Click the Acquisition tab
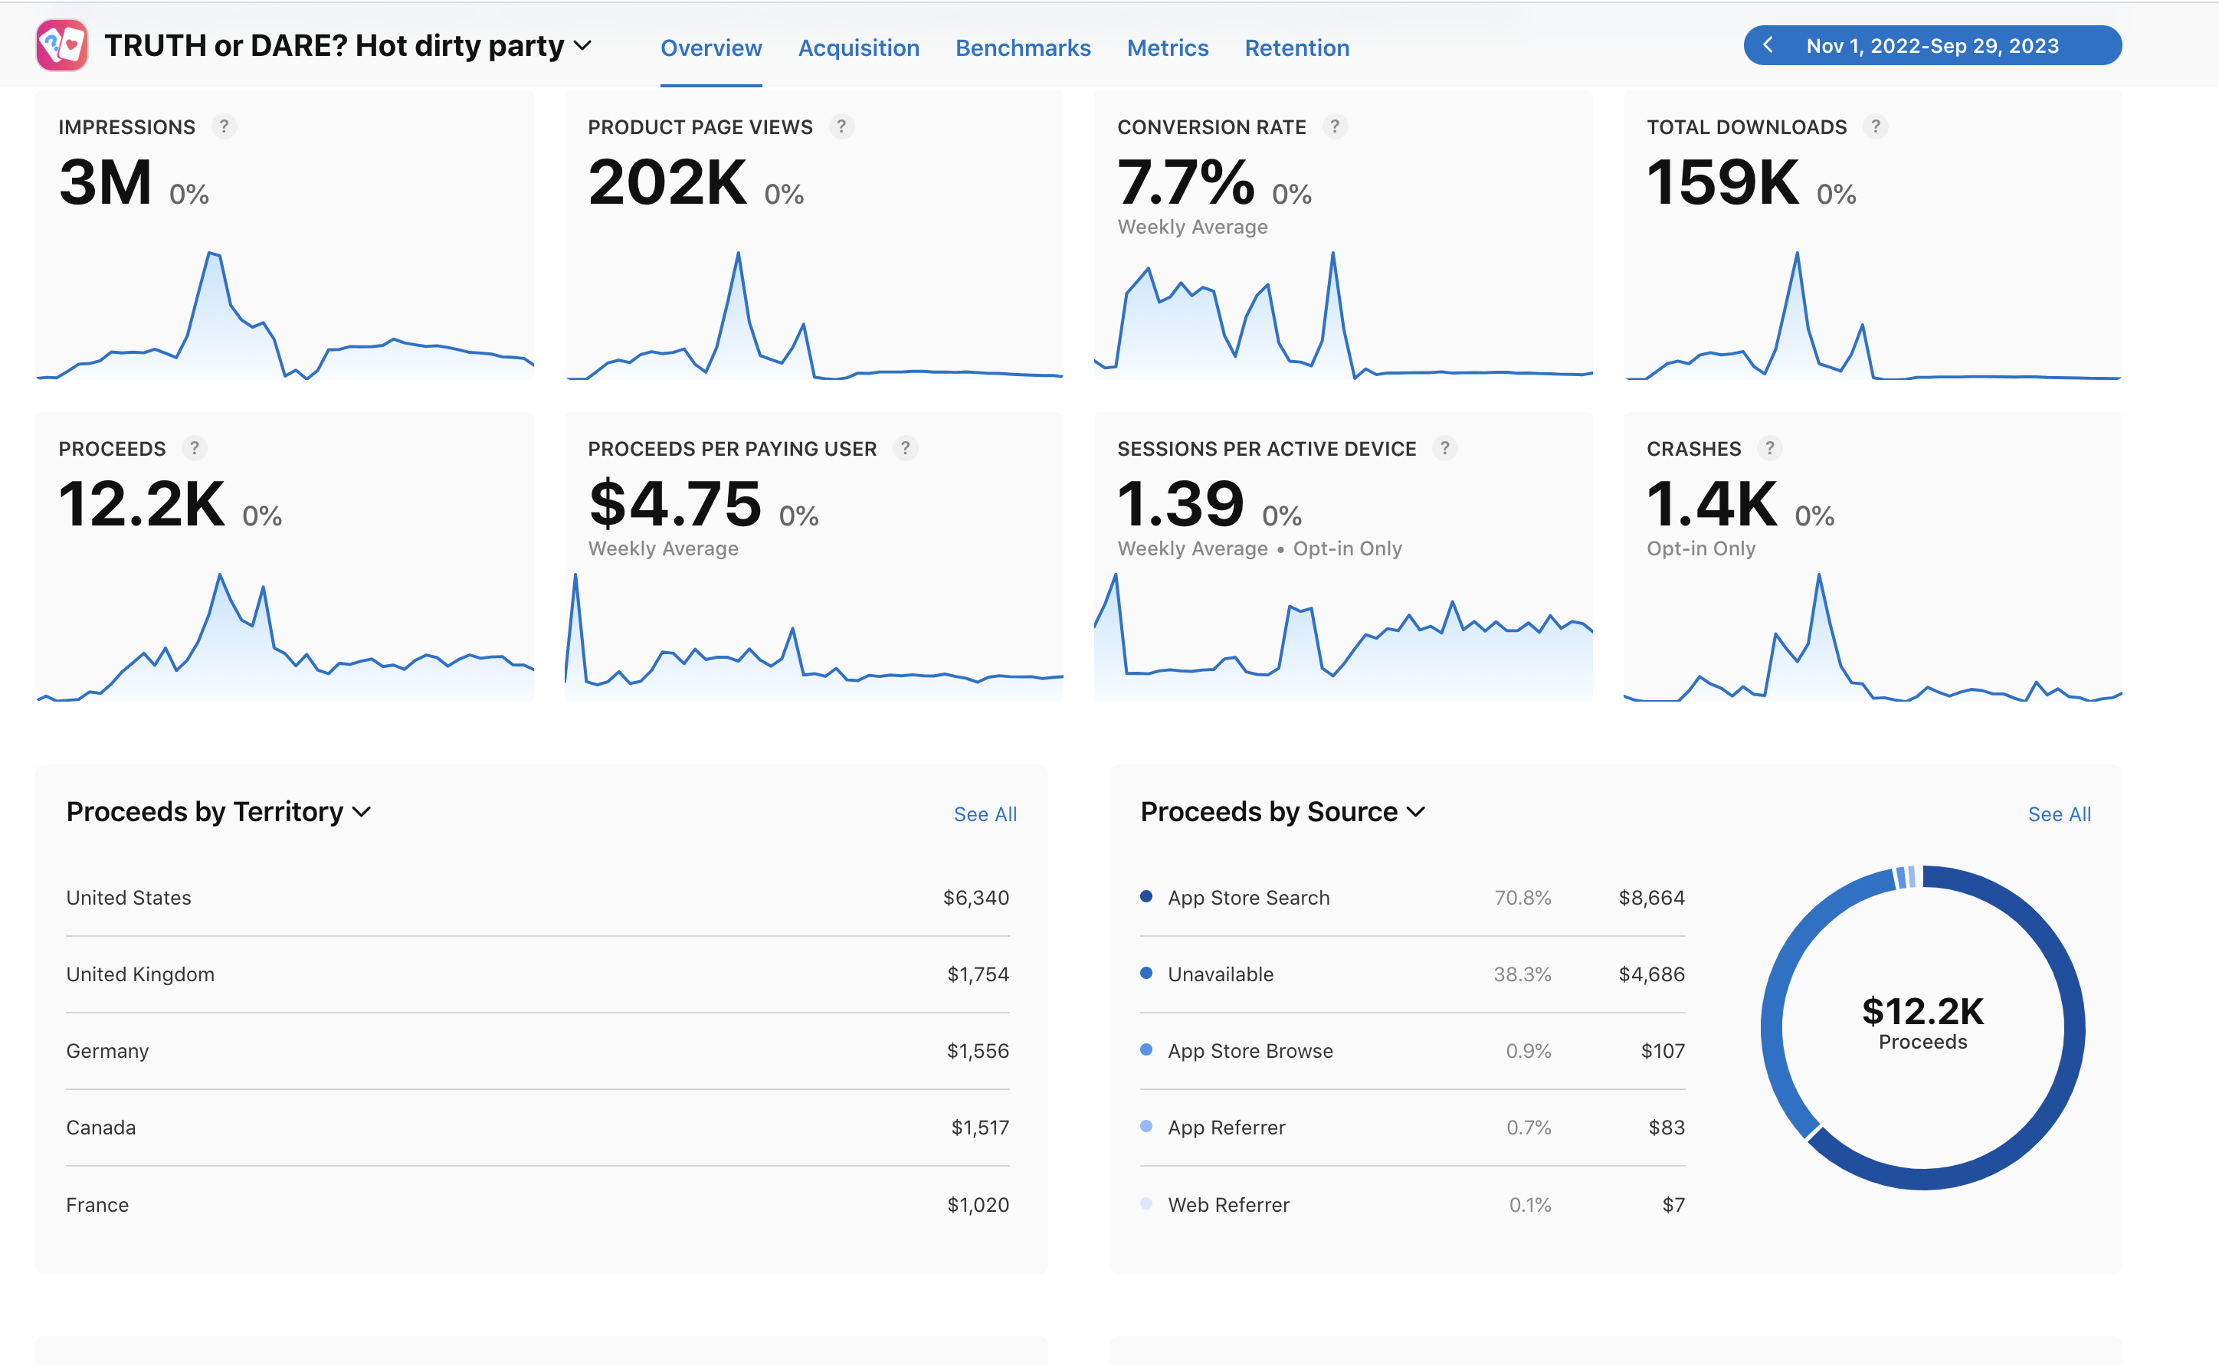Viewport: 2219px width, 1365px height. point(858,47)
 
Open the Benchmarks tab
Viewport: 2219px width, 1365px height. point(1023,47)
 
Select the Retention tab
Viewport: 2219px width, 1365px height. point(1296,47)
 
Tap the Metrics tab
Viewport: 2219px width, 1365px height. point(1167,47)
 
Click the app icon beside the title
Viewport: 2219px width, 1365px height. point(61,45)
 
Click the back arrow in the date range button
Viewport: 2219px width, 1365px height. point(1768,45)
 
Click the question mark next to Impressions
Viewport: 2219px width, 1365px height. point(224,126)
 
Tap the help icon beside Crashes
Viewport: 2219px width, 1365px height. point(1769,448)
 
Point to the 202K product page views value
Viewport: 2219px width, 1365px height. point(667,182)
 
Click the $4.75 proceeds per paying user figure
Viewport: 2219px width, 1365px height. point(675,504)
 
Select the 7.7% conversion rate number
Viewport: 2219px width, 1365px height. point(1185,182)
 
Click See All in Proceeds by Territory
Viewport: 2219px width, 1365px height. point(985,814)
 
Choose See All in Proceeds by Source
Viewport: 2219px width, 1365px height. point(2059,814)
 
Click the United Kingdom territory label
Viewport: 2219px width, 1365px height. point(140,974)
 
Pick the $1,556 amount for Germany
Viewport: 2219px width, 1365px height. point(978,1051)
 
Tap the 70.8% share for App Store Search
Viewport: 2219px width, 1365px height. point(1522,898)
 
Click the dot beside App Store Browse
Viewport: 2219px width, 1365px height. point(1146,1049)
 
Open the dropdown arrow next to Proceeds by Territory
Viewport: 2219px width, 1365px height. point(361,813)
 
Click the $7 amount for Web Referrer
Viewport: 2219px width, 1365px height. point(1673,1204)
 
